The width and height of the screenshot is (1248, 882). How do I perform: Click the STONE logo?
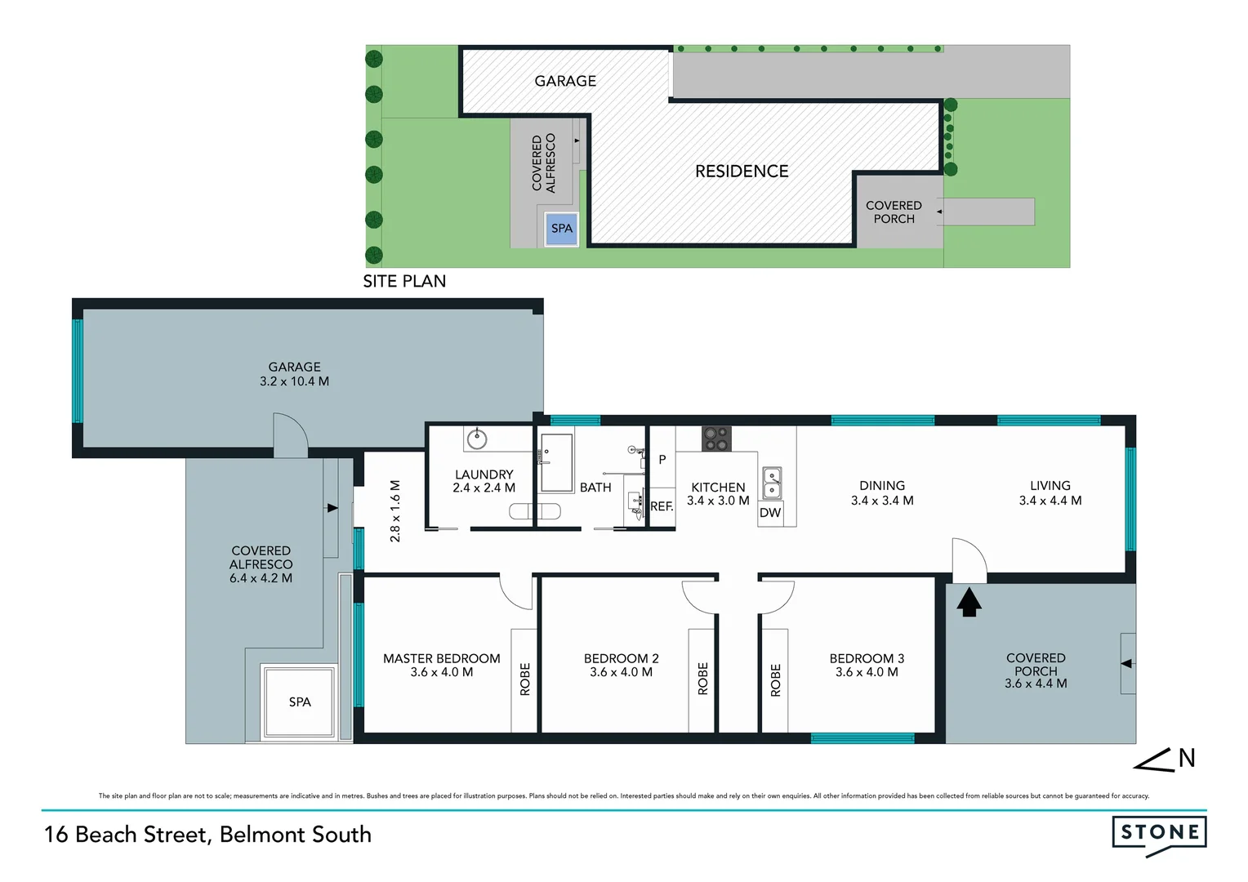pyautogui.click(x=1159, y=833)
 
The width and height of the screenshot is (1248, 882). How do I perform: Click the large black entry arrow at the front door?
pyautogui.click(x=969, y=603)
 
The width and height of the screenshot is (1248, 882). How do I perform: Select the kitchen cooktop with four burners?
pyautogui.click(x=717, y=439)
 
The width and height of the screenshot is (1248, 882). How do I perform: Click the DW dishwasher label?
pyautogui.click(x=770, y=513)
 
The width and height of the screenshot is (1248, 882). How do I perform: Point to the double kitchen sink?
pyautogui.click(x=772, y=483)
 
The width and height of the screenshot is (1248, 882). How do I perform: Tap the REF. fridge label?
pyautogui.click(x=662, y=506)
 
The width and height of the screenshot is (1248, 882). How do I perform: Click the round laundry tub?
pyautogui.click(x=477, y=439)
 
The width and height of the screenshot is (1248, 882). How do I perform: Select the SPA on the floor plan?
pyautogui.click(x=299, y=702)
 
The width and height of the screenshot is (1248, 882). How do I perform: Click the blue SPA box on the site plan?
pyautogui.click(x=562, y=229)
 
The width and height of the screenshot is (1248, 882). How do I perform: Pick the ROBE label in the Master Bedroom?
pyautogui.click(x=525, y=679)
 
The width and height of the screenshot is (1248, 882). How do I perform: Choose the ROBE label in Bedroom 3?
pyautogui.click(x=776, y=679)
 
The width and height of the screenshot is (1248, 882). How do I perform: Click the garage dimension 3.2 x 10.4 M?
pyautogui.click(x=295, y=381)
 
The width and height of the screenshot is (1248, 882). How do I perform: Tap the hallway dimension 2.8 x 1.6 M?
pyautogui.click(x=395, y=511)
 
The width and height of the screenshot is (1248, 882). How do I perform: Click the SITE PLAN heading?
pyautogui.click(x=404, y=281)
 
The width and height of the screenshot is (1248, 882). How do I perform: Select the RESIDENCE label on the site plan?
pyautogui.click(x=742, y=171)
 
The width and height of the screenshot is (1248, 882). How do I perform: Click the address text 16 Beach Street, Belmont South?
pyautogui.click(x=207, y=835)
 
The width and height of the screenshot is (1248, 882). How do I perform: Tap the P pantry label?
pyautogui.click(x=662, y=460)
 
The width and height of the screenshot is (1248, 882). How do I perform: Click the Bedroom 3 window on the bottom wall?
pyautogui.click(x=862, y=738)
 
